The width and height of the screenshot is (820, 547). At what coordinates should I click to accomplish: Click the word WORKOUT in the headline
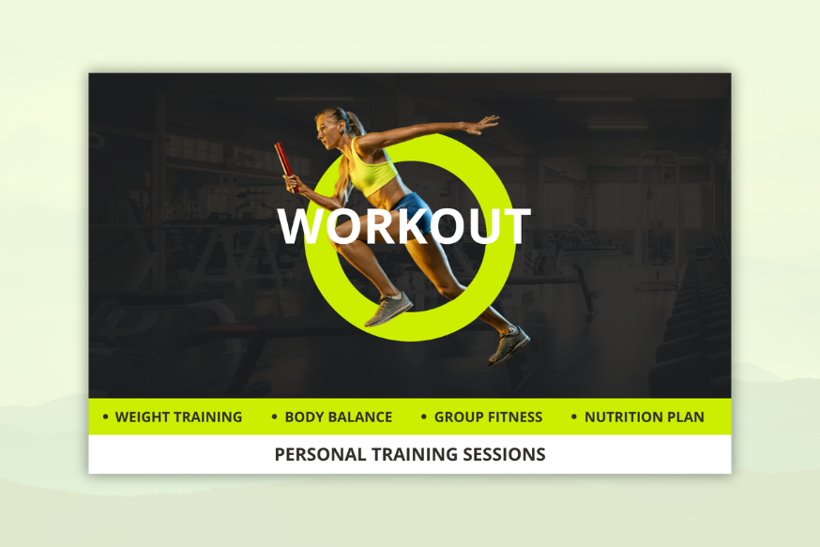tap(404, 226)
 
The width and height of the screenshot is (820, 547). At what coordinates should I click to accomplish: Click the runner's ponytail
tap(355, 124)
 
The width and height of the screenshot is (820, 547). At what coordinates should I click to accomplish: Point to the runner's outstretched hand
tap(480, 125)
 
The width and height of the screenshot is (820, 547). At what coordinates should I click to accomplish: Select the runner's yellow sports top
tap(372, 168)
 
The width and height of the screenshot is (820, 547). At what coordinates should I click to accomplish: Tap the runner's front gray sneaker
tap(388, 309)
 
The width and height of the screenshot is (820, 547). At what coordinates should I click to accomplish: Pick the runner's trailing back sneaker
tap(509, 344)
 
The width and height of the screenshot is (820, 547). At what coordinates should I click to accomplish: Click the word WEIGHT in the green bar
tap(142, 417)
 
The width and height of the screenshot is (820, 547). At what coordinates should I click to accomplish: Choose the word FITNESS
tap(515, 417)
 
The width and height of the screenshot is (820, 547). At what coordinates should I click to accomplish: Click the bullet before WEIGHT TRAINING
tap(106, 417)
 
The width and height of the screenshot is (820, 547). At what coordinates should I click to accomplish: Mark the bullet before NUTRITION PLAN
tap(573, 417)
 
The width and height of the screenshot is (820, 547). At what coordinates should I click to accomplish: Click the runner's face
tap(325, 129)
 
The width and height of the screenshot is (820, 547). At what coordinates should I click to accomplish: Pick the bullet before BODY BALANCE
tap(275, 417)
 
